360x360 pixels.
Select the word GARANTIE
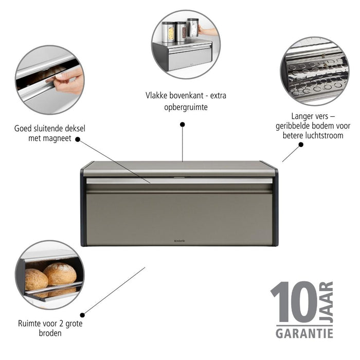[x=304, y=333]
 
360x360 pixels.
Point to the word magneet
[x=56, y=138]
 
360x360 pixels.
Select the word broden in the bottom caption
[x=50, y=333]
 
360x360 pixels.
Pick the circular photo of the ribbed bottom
[x=314, y=71]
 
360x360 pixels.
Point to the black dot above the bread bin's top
[x=182, y=124]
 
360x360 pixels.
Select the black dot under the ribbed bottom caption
[x=301, y=145]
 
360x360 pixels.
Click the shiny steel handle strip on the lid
[x=179, y=181]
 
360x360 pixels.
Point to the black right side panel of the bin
[x=276, y=206]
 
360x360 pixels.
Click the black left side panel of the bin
[x=83, y=206]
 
